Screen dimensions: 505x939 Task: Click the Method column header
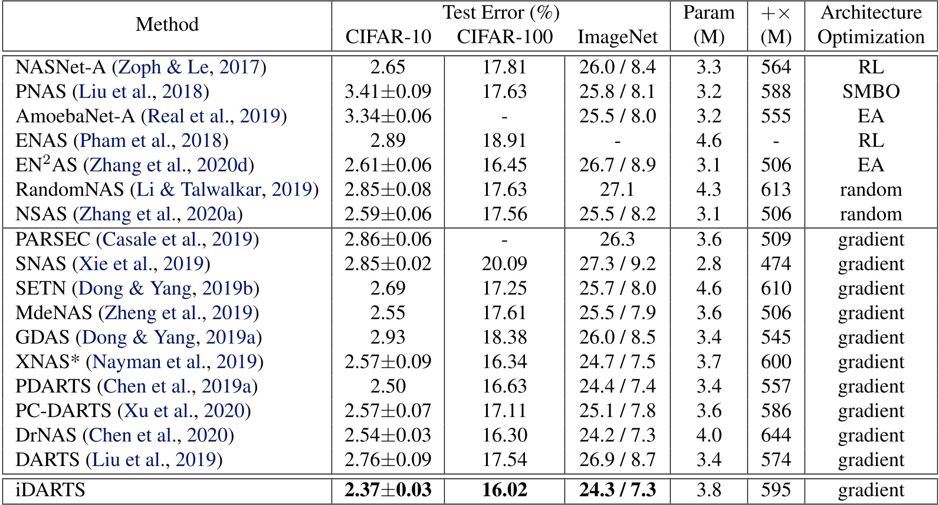[167, 25]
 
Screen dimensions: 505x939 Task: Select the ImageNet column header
[617, 37]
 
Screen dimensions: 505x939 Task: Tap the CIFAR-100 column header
[505, 37]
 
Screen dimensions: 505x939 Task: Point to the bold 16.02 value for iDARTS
[505, 490]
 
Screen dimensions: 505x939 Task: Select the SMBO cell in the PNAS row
[871, 91]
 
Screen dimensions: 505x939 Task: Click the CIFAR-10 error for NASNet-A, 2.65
[388, 67]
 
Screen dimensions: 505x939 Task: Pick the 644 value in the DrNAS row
[776, 435]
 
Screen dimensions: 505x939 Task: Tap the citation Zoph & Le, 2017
[189, 67]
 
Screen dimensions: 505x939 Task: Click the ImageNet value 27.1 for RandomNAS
[617, 189]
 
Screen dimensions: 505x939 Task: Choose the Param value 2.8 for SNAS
[708, 264]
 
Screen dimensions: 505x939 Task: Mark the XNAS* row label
[47, 362]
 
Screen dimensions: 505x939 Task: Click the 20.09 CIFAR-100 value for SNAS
[505, 264]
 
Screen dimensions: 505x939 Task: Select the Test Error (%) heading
[501, 12]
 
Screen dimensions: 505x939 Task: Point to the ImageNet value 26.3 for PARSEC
[617, 239]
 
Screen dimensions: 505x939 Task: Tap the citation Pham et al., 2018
[151, 140]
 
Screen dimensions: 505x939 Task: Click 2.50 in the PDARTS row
[388, 386]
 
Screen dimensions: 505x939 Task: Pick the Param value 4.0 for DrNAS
[708, 435]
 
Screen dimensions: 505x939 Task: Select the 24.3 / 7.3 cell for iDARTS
[617, 490]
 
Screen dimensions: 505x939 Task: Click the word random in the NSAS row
[871, 214]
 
